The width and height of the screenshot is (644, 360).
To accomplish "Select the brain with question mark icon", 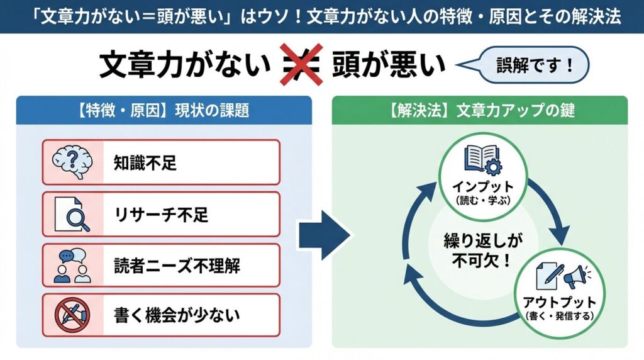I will coord(72,162).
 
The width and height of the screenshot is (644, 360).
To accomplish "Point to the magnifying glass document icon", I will coord(72,214).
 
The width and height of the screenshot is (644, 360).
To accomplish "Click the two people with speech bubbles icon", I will coord(72,266).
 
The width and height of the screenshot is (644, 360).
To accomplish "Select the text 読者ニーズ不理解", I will coord(177,266).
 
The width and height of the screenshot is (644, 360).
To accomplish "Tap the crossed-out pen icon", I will coord(72,314).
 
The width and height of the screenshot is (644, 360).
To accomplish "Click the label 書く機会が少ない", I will coord(176,315).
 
